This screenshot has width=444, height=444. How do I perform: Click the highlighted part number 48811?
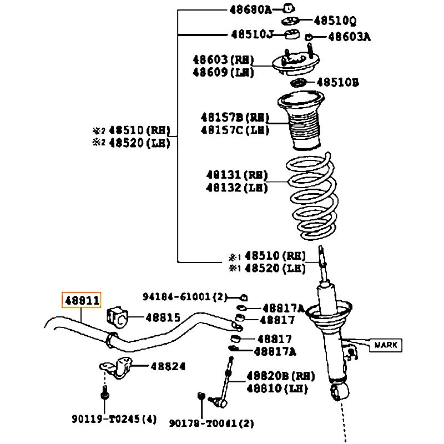[82, 301]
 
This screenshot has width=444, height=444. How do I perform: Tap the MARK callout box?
[386, 345]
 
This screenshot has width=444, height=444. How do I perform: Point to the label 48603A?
[349, 37]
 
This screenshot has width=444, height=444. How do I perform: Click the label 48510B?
[337, 83]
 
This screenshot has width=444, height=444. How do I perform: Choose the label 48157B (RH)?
[234, 118]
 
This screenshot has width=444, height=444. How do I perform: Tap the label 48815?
[163, 317]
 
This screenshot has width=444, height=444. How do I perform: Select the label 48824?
[168, 366]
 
